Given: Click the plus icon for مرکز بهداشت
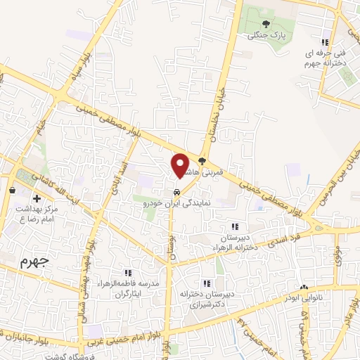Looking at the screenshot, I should coord(36,199).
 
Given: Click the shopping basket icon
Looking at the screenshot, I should coord(13,190).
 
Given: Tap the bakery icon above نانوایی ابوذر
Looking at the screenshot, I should coord(304,288).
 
